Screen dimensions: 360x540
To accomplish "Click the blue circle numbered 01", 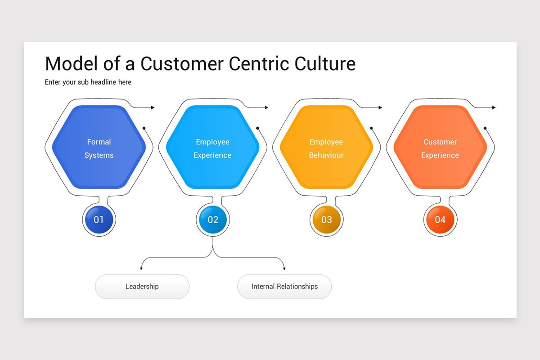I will click(99, 220).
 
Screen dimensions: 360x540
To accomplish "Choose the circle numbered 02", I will click(213, 220).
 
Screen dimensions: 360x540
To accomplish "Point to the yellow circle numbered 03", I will click(327, 220).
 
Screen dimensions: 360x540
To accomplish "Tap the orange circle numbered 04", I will click(440, 220).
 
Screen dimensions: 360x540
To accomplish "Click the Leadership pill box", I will click(142, 286).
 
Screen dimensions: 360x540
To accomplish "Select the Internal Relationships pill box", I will click(284, 286).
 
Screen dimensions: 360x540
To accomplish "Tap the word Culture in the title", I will click(325, 63).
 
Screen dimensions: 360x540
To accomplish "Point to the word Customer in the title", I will click(182, 63).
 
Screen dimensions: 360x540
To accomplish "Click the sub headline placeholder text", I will click(88, 82).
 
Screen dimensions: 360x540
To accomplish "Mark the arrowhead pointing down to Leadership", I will click(141, 269).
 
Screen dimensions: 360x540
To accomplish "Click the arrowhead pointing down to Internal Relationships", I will click(284, 269).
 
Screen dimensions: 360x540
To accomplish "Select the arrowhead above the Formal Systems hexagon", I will click(153, 108).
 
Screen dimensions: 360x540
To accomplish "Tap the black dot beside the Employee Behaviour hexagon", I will click(371, 128).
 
